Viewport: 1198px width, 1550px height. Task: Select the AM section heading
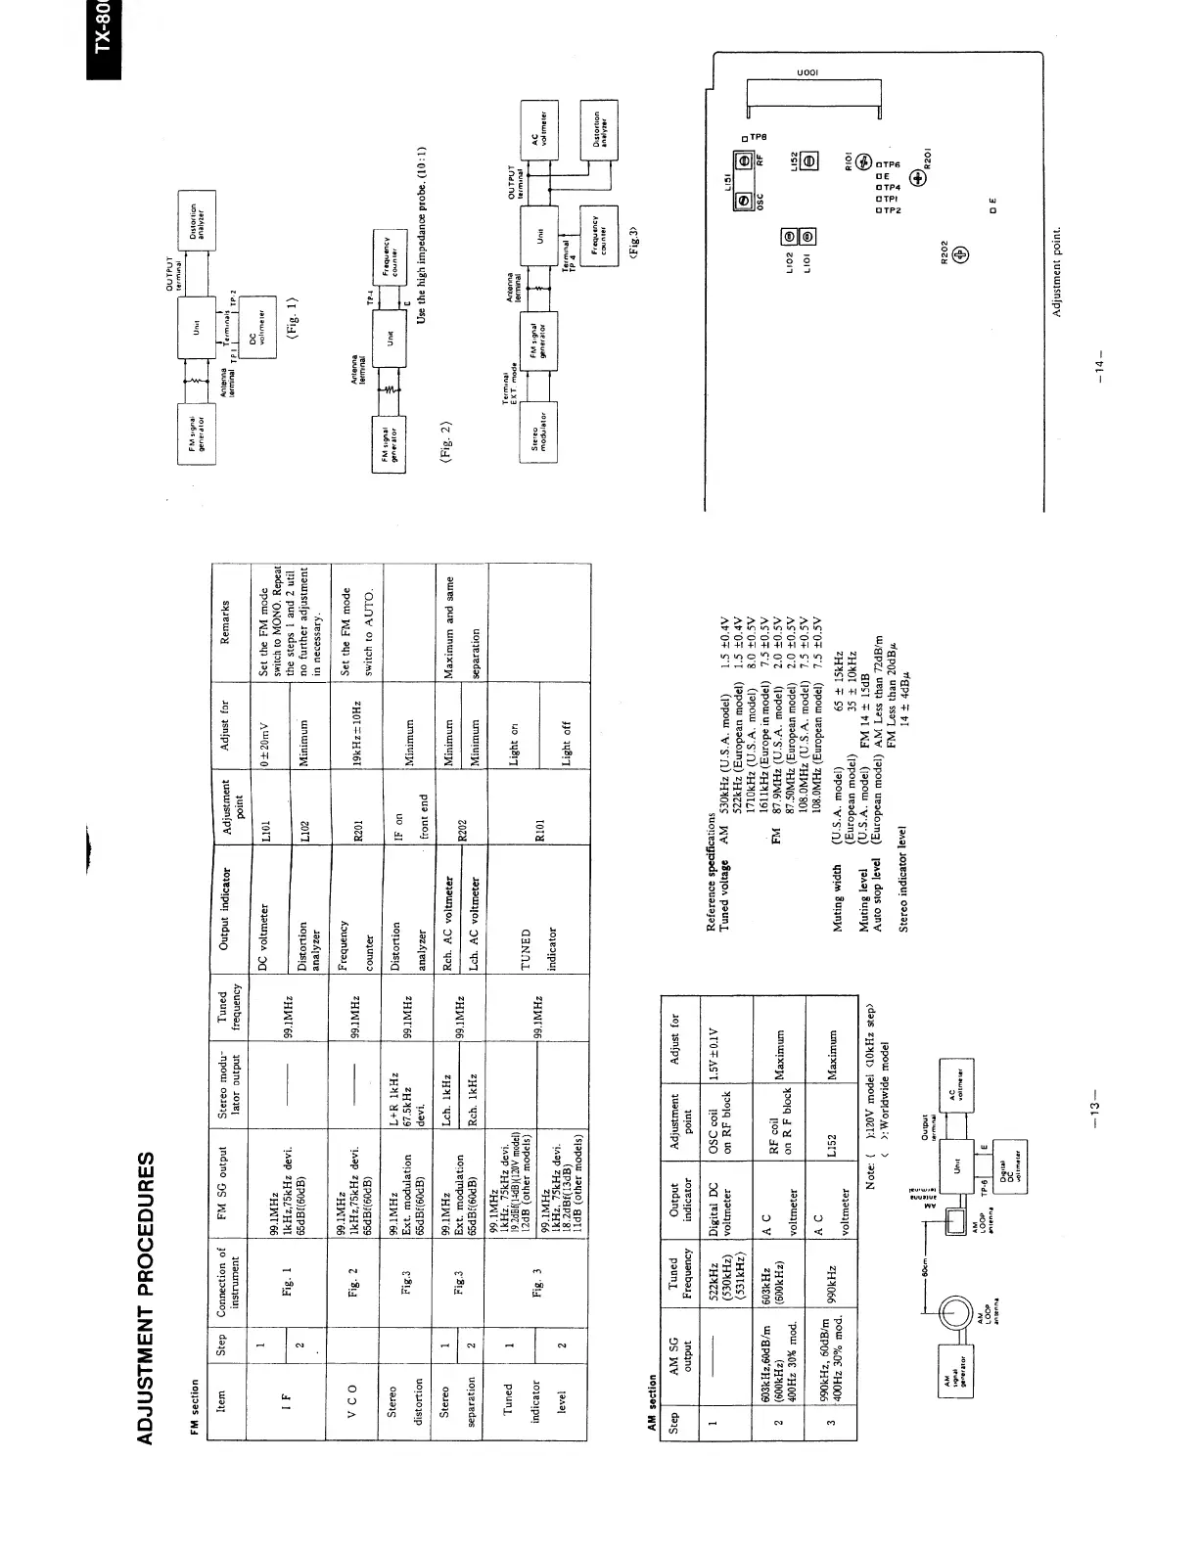(x=655, y=1411)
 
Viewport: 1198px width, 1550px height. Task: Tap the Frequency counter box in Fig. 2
(x=385, y=250)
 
